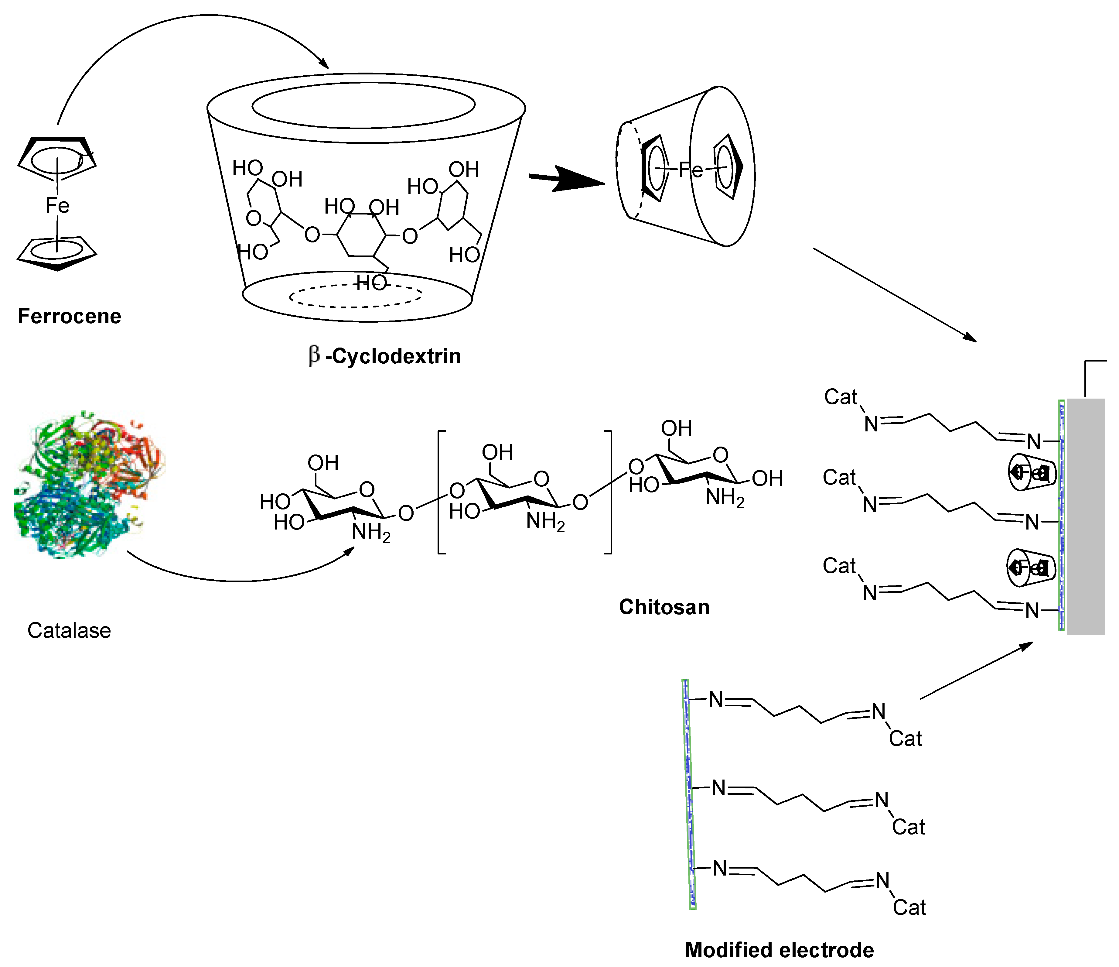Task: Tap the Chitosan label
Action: (x=664, y=607)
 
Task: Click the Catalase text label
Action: (x=69, y=630)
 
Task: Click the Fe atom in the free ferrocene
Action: (x=57, y=206)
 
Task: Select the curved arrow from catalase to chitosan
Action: (x=238, y=580)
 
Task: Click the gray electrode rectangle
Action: (x=1086, y=516)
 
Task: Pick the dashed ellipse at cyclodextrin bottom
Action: (x=355, y=296)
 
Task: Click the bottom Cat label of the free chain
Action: (x=909, y=907)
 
